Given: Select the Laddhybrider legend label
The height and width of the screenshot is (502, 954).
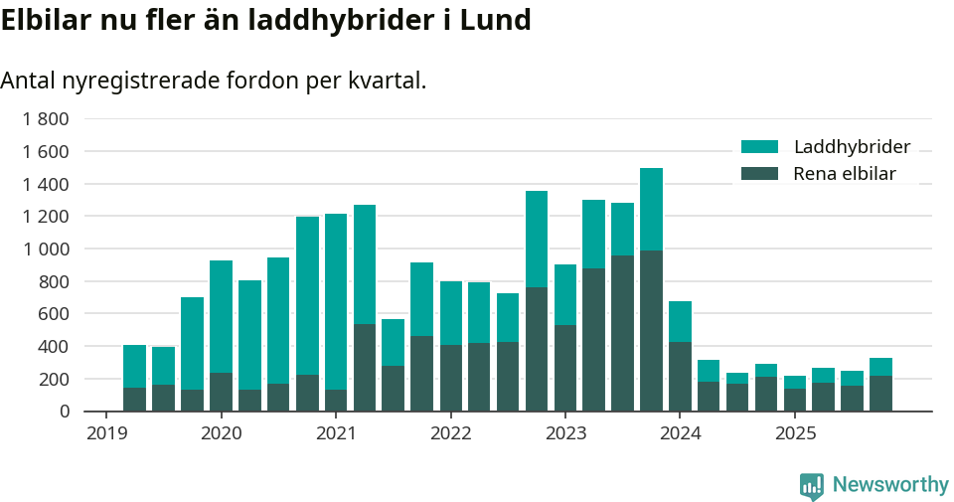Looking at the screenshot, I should coord(852,147).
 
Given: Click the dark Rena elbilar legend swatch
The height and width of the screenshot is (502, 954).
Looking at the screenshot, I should coord(760,174).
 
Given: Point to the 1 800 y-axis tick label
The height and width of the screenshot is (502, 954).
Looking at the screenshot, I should coord(46,119).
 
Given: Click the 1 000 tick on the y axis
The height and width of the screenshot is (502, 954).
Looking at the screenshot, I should coord(46,250).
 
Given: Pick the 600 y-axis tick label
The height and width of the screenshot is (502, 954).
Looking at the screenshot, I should coord(53,314).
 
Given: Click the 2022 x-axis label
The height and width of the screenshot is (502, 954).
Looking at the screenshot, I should coord(450,433).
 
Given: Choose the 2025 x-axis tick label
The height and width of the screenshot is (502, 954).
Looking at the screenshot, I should coord(795,433).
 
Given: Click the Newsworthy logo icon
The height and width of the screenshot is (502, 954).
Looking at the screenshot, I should coord(811,485).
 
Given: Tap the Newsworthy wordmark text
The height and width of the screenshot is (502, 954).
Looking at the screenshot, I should coord(889,485).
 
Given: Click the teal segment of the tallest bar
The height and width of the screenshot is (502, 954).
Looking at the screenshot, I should coord(651,209).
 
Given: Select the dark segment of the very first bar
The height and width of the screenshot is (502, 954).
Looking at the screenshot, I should coord(134,399).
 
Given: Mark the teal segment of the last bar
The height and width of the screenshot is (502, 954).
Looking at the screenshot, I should coord(880,367).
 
